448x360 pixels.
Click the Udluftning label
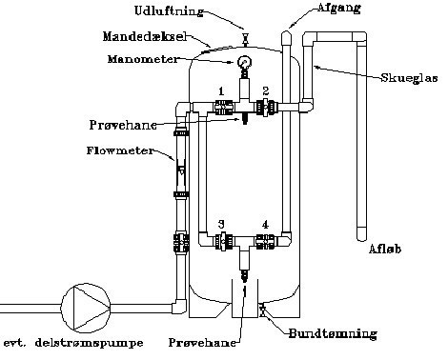169,11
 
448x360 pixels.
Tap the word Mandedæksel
145,36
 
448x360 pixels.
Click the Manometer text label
143,59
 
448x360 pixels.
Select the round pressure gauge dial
244,62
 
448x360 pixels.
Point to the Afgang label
339,8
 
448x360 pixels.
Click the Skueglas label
409,78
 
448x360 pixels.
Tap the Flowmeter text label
120,150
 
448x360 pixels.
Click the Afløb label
384,249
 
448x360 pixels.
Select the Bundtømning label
333,333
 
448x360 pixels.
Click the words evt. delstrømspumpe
73,343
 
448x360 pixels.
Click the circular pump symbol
86,308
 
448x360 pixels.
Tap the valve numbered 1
222,108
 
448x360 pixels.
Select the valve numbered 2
266,108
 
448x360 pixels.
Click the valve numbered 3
223,241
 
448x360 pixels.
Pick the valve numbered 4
266,241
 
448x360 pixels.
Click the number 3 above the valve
221,224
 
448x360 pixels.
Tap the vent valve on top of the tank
245,39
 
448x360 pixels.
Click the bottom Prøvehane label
202,343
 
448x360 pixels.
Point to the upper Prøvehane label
123,125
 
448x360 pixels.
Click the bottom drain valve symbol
262,310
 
